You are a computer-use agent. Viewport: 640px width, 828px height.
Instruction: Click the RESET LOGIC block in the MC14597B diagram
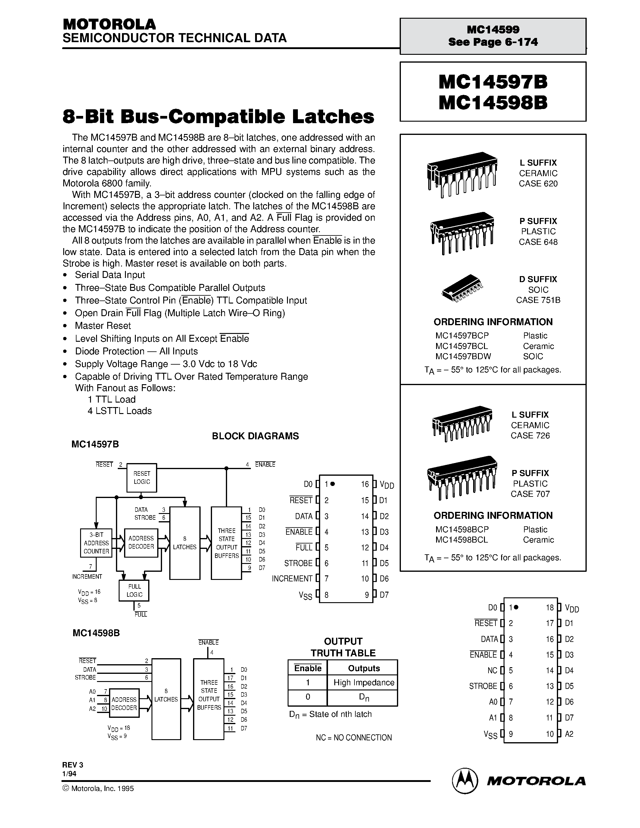coord(142,478)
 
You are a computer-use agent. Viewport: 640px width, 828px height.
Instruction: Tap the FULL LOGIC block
coord(134,590)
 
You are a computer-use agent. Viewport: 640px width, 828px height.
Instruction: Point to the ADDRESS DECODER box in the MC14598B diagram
coord(124,703)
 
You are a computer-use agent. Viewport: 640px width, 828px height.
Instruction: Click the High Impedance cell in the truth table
coord(364,682)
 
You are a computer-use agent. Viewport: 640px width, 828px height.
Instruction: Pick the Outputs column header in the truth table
coord(364,668)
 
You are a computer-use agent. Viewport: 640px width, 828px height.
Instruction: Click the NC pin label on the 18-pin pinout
coord(492,670)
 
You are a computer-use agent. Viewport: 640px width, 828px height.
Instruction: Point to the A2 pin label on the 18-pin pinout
coord(569,733)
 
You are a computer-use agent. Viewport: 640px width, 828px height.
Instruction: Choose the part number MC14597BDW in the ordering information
coord(463,356)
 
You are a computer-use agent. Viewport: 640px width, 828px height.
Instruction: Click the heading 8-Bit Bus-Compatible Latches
coord(218,117)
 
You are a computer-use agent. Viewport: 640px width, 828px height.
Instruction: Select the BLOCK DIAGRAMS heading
coord(255,436)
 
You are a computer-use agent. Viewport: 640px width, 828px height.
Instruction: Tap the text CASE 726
coord(530,436)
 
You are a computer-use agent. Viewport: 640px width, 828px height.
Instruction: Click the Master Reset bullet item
coord(103,326)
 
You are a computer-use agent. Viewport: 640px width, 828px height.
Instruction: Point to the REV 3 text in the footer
coord(73,765)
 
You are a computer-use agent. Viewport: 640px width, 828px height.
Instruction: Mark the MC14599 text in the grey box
coord(493,30)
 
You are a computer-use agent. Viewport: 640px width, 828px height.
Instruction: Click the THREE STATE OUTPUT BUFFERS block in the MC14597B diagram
coord(226,543)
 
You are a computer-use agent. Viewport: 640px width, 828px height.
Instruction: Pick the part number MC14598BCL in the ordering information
coord(461,540)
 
